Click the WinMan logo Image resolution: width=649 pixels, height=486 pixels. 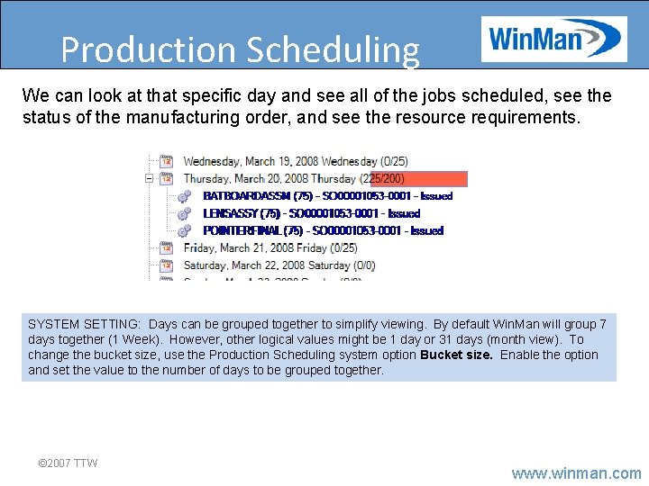[x=553, y=40]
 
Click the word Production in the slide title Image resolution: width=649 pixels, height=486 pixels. [x=150, y=50]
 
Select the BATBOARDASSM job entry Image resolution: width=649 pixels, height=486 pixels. [x=327, y=196]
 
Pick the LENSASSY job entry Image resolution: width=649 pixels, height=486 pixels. [x=311, y=213]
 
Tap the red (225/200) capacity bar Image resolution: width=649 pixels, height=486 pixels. [x=419, y=179]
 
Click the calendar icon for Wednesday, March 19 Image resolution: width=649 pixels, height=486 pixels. [x=166, y=162]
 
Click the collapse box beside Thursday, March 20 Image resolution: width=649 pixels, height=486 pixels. [x=149, y=179]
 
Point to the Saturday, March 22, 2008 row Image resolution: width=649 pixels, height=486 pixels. [x=279, y=265]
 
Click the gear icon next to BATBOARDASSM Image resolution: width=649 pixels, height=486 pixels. [x=185, y=196]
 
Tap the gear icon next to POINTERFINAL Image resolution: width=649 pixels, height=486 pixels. [x=185, y=230]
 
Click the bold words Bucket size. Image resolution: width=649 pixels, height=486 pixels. [x=456, y=355]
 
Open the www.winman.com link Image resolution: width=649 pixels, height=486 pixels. [x=576, y=472]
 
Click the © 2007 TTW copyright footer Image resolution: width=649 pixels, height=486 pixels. [x=68, y=463]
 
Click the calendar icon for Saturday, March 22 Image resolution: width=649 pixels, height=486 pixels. [x=166, y=265]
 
